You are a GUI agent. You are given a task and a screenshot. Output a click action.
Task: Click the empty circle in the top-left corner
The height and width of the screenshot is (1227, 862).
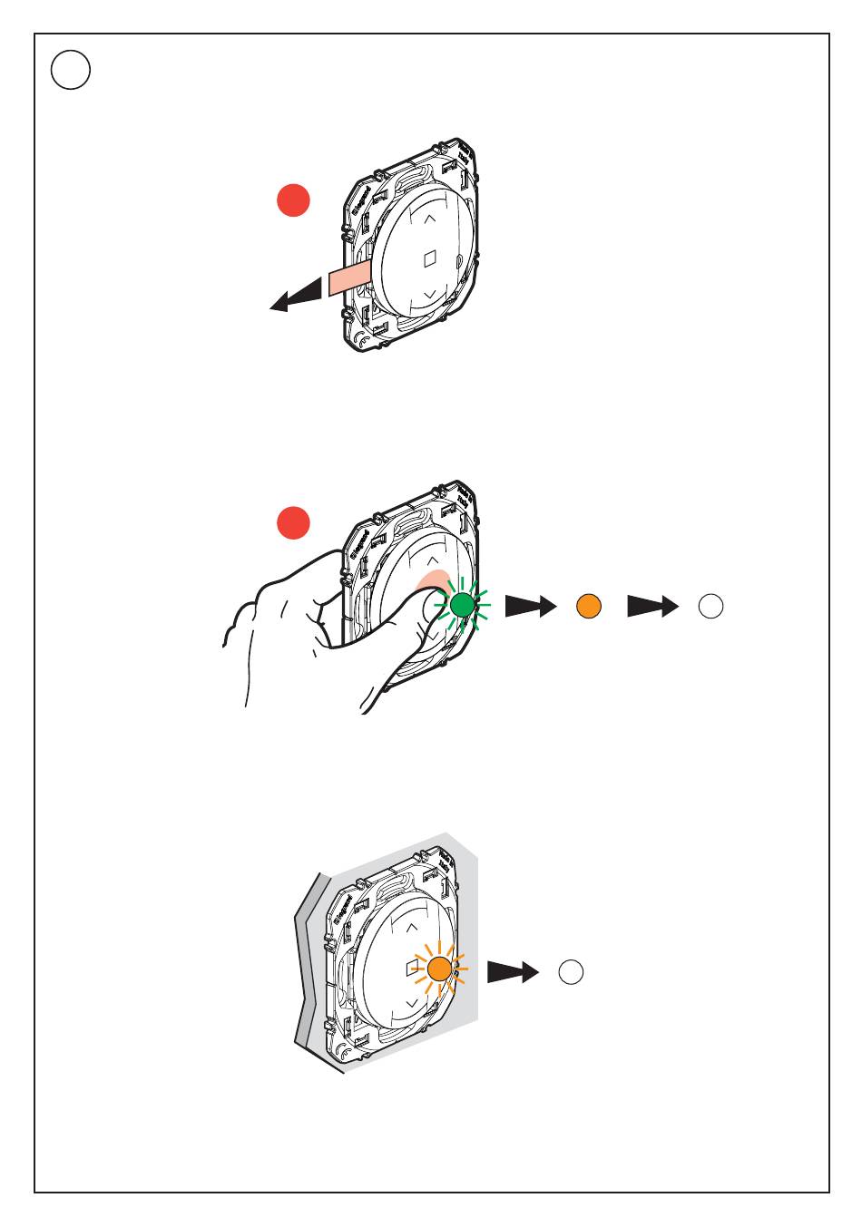coord(71,70)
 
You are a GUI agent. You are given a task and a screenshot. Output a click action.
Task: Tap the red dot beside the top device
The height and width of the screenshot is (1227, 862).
coord(294,200)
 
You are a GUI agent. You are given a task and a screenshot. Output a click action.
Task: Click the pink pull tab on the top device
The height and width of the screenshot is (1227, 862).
coord(349,279)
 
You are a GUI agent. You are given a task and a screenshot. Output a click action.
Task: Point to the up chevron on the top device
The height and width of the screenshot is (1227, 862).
coord(429,218)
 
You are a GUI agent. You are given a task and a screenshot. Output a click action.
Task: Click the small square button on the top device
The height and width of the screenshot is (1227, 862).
coord(430,258)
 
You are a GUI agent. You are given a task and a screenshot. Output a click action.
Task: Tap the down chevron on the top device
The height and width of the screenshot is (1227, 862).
coord(431,295)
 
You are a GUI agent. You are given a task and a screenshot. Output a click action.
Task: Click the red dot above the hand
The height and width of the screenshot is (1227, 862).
coord(294,523)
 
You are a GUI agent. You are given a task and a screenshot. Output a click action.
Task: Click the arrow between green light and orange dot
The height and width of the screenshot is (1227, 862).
coord(530,607)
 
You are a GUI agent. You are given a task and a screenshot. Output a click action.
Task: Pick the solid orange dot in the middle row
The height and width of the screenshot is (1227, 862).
coord(589,606)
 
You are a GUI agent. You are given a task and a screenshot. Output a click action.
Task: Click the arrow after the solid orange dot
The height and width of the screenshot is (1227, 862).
coord(652,607)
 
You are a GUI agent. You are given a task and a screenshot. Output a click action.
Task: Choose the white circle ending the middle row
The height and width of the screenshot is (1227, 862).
coord(711,607)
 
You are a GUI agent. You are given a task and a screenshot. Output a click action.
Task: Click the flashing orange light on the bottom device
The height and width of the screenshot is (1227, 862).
coord(439,969)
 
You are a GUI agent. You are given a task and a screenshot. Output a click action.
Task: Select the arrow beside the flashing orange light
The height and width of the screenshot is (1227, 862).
coord(513,972)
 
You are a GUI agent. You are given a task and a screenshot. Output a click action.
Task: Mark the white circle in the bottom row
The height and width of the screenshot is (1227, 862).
coord(571,972)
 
